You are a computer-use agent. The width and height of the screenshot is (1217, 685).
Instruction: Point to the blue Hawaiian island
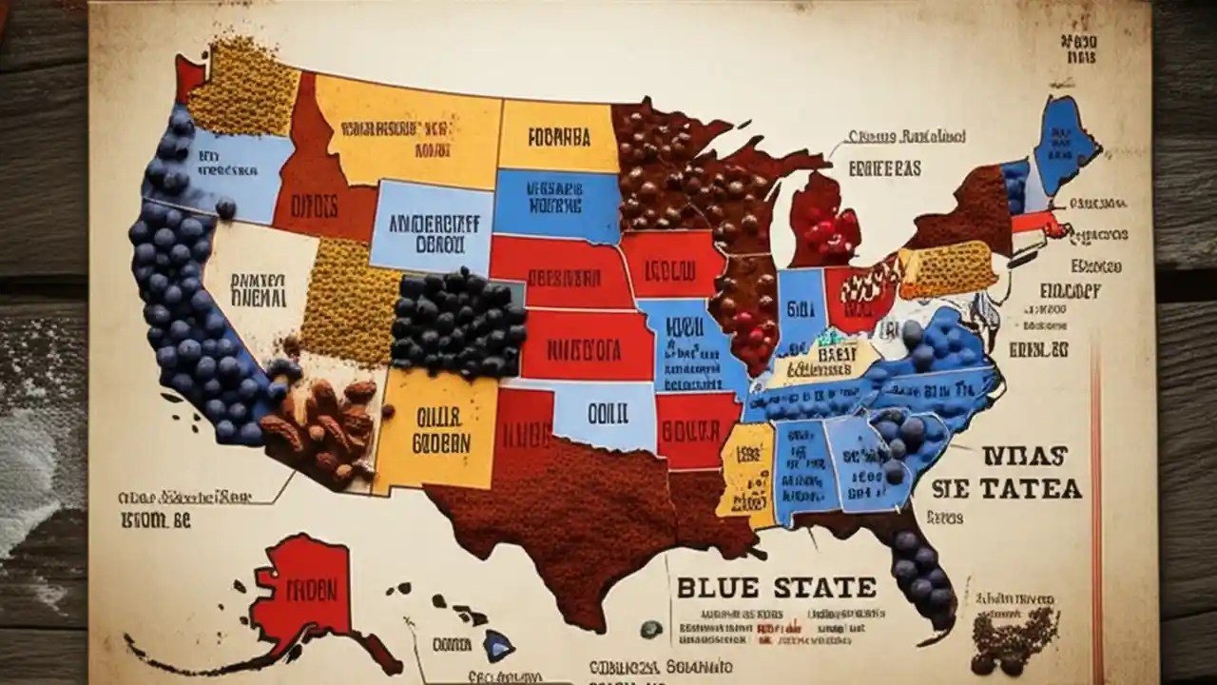[x=495, y=646]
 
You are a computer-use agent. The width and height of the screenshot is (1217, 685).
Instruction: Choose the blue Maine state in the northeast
[x=1062, y=143]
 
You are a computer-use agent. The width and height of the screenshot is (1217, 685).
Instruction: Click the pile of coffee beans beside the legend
[x=1015, y=637]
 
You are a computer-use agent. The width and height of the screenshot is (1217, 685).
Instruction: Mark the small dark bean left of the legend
[x=651, y=629]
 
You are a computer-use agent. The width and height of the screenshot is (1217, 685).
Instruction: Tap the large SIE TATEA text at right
[x=1005, y=489]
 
